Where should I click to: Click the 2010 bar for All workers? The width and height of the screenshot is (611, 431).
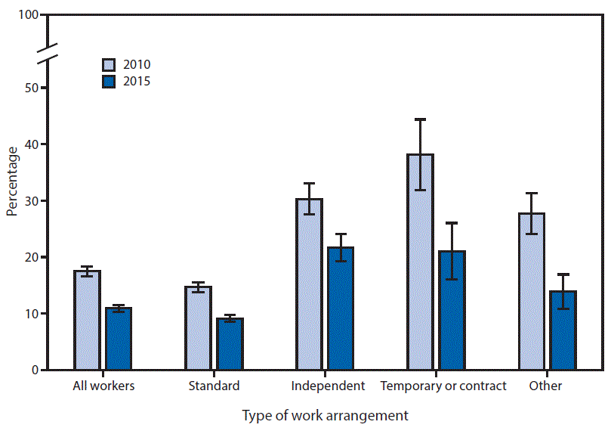(x=87, y=321)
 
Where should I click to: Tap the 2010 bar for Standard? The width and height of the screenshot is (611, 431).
(x=198, y=328)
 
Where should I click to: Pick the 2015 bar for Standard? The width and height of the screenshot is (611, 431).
(x=230, y=344)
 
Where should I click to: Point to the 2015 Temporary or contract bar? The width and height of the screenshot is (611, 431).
(x=452, y=310)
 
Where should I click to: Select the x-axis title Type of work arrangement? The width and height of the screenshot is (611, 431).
(x=325, y=415)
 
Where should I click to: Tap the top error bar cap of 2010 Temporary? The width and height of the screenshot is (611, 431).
(x=420, y=119)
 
